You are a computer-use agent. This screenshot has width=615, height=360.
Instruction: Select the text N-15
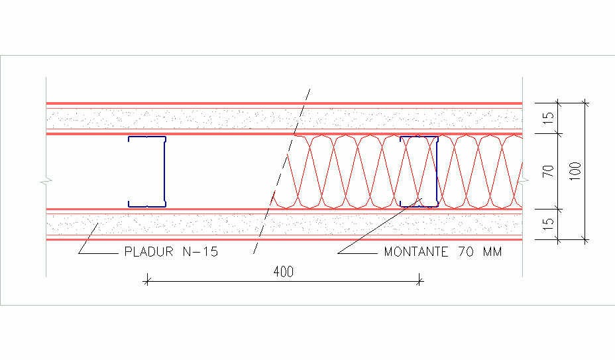coord(200,252)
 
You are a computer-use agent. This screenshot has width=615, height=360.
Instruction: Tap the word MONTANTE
coord(416,252)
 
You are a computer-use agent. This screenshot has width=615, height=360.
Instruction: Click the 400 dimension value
coord(283,272)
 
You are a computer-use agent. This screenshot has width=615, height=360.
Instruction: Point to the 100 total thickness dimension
coord(575,171)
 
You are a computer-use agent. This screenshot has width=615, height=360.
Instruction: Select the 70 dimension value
coord(548,171)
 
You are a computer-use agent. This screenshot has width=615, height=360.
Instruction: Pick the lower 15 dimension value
coord(548,224)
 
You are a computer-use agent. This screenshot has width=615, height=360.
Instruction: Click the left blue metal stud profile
coord(164,172)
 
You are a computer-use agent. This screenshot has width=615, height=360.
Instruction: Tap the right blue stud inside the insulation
coord(436,172)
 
